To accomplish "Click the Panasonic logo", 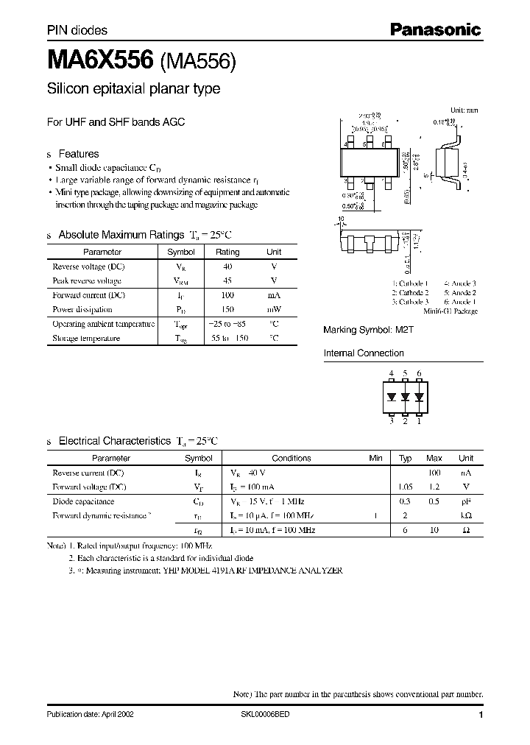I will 434,29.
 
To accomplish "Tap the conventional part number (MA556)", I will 197,63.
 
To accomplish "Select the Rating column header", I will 227,252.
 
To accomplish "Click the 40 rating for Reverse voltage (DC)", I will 227,266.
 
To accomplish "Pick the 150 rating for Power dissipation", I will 227,309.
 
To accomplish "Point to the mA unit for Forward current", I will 273,295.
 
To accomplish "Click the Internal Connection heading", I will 364,353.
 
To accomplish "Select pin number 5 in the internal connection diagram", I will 405,374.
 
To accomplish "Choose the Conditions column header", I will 291,458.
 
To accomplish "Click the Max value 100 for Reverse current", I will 434,473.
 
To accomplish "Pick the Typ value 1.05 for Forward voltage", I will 405,487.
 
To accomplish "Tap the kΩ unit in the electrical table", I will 466,516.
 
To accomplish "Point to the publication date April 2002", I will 90,715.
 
